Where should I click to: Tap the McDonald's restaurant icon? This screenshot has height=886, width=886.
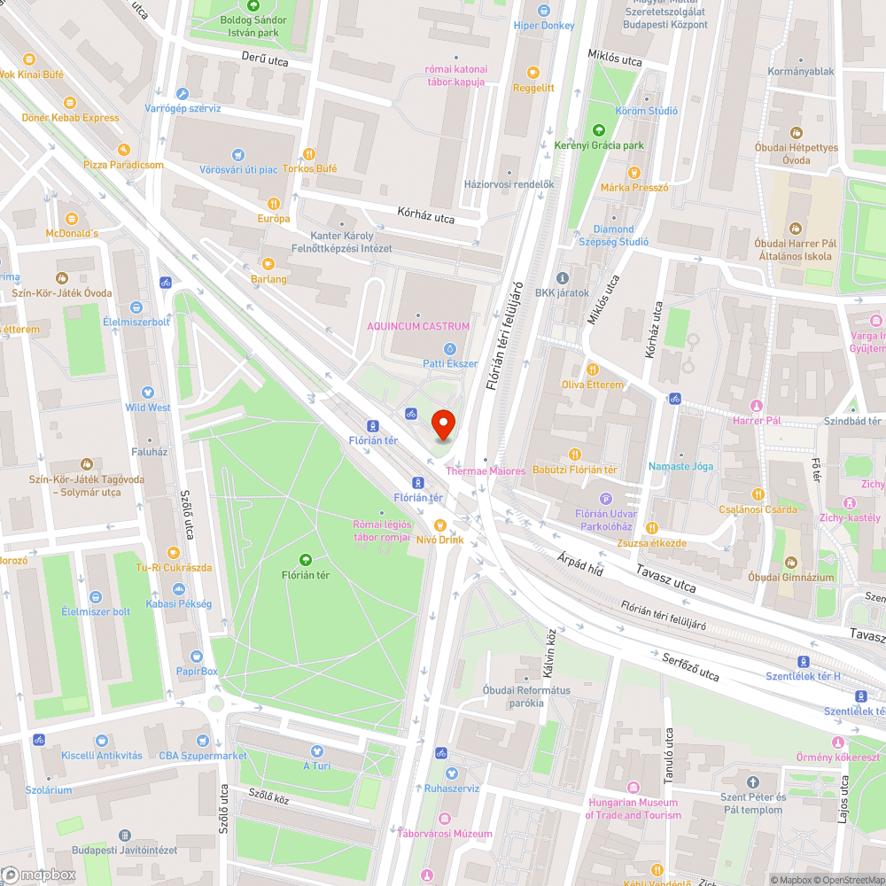pyautogui.click(x=72, y=217)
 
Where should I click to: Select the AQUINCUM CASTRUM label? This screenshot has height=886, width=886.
pyautogui.click(x=419, y=327)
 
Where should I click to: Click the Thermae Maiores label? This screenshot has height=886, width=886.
pyautogui.click(x=486, y=471)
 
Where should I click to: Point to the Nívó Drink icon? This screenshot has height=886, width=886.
pyautogui.click(x=439, y=525)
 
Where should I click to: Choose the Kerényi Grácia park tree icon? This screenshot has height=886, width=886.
pyautogui.click(x=599, y=129)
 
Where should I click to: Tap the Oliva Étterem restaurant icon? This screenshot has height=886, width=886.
pyautogui.click(x=593, y=369)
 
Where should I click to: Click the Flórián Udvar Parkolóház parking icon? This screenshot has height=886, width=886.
pyautogui.click(x=606, y=499)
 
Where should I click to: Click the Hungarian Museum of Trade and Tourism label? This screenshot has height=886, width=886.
pyautogui.click(x=633, y=809)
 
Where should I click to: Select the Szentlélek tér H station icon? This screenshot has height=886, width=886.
pyautogui.click(x=803, y=662)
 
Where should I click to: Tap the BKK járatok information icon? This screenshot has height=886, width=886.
pyautogui.click(x=562, y=277)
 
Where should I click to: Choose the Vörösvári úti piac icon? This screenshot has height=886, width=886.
pyautogui.click(x=237, y=154)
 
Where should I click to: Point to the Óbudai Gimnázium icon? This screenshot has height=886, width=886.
pyautogui.click(x=790, y=562)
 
